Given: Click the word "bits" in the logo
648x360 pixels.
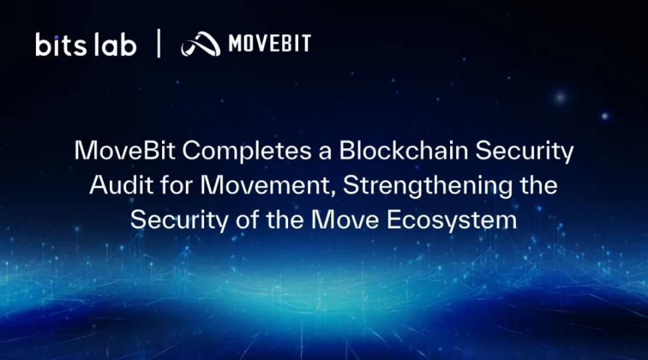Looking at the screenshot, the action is (x=61, y=45).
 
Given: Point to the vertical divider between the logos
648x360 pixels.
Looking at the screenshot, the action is (x=159, y=43).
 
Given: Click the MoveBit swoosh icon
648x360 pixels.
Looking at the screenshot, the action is (x=201, y=44).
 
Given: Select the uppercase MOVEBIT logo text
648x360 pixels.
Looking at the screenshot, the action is (x=269, y=43).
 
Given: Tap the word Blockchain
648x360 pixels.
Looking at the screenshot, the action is (x=404, y=151).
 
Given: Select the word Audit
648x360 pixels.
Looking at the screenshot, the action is (x=121, y=185).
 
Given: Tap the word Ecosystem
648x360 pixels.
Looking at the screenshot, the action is (x=451, y=221).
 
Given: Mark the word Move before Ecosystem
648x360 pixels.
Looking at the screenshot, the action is (x=345, y=220).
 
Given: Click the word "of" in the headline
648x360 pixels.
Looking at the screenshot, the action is (x=247, y=220).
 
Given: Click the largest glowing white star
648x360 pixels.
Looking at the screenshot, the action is (x=561, y=97).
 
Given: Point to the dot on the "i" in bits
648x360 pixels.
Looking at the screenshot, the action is (x=56, y=37).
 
